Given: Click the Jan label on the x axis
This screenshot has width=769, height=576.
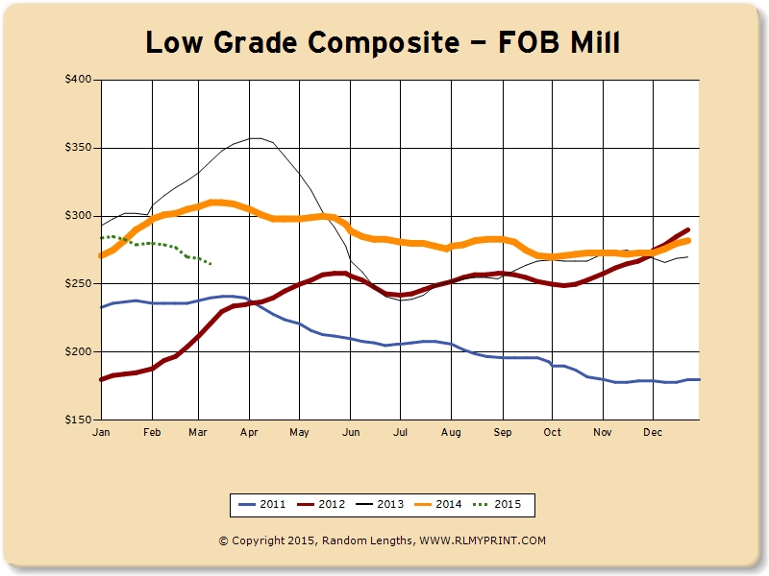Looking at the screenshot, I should coord(101,434).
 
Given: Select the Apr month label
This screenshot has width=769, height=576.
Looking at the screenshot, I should coord(250,434).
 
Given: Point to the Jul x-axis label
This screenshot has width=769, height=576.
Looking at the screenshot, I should coord(400,434).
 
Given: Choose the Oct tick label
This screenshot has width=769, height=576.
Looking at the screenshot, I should coord(551,434).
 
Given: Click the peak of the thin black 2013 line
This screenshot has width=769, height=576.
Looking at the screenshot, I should coord(256,138).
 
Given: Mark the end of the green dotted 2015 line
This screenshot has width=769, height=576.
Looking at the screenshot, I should coord(211,263).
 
